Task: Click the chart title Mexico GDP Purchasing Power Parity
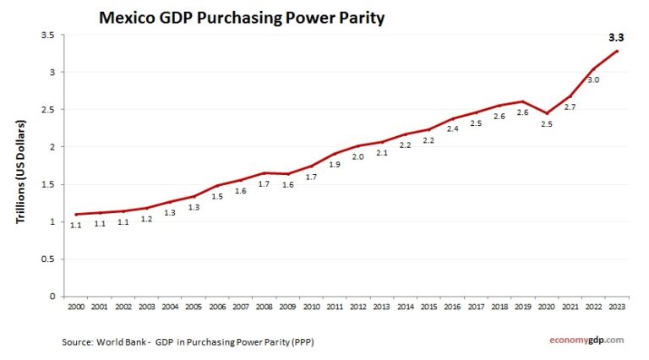(x=241, y=17)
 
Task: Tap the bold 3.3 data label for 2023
(x=618, y=37)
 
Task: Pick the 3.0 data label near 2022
(x=593, y=79)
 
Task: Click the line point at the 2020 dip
(x=547, y=113)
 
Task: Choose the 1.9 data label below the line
(x=335, y=165)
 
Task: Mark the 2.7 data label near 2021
(x=570, y=107)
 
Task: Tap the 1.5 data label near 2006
(x=217, y=196)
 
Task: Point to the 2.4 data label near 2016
(x=452, y=129)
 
